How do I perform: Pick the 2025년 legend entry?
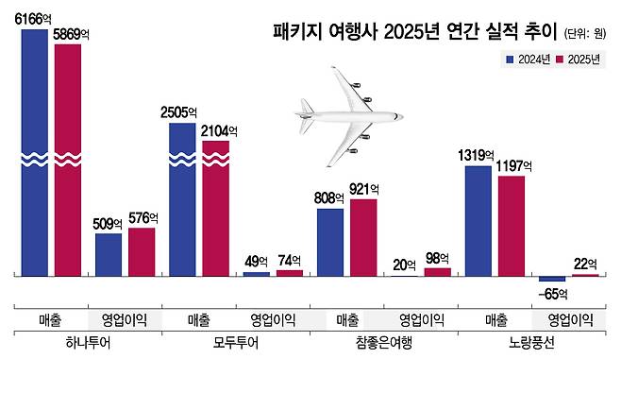click(579, 59)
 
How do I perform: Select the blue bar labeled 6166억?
click(34, 151)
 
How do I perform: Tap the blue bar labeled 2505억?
click(182, 198)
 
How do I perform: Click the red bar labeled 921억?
click(363, 237)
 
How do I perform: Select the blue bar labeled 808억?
click(329, 242)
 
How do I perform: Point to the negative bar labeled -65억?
click(552, 279)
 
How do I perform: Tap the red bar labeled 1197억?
click(511, 226)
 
